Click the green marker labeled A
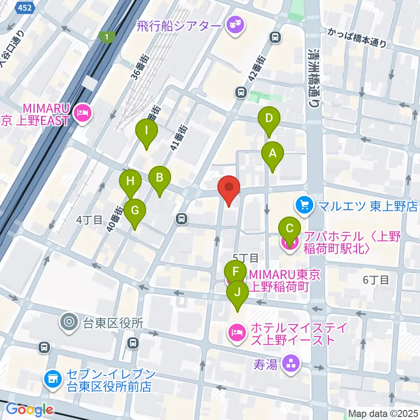(273, 154)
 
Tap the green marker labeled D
(269, 118)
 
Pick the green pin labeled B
(160, 178)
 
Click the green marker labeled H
(130, 181)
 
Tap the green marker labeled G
(135, 210)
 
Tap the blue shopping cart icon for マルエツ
(303, 204)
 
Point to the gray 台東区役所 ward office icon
(69, 322)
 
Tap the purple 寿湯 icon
(290, 363)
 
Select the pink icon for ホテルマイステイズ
(235, 333)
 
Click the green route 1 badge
(105, 37)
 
